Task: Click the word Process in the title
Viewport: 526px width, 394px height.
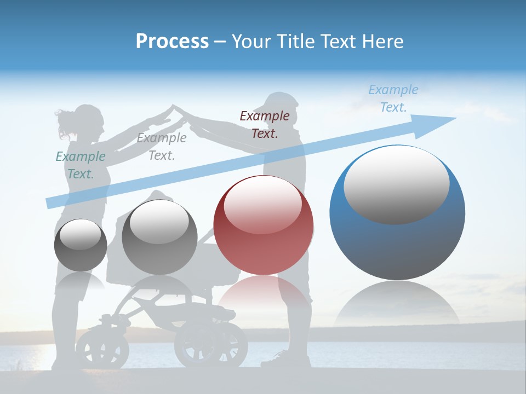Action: pos(172,41)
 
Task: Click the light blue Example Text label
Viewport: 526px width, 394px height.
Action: pos(393,99)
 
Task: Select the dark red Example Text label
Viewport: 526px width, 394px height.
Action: pos(265,124)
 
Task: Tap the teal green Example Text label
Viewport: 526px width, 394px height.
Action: pos(81,165)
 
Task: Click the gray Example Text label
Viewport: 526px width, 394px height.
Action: pos(162,146)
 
